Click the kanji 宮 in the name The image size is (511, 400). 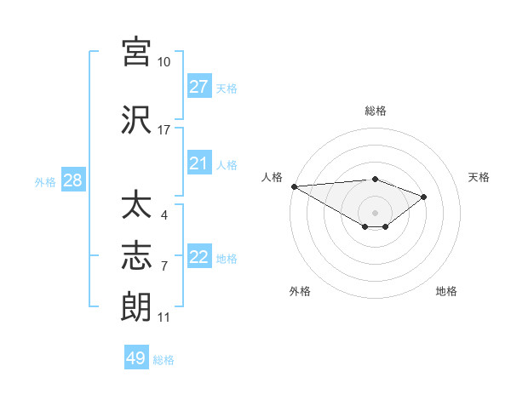point(136,52)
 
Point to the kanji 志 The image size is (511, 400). point(136,255)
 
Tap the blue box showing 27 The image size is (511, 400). point(199,87)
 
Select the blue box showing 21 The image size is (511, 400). point(199,163)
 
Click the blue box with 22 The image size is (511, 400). point(199,257)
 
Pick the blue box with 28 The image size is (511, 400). point(72,180)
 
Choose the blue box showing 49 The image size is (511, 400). point(136,358)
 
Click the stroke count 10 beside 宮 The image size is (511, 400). point(164,62)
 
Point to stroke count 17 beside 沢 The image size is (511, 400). point(164,130)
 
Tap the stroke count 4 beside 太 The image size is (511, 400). point(164,215)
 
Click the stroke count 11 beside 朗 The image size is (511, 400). point(164,317)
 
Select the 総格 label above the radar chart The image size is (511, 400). point(375,111)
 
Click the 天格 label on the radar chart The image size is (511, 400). point(479,177)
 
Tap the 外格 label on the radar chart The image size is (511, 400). point(300,291)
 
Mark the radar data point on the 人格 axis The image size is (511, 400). point(294,186)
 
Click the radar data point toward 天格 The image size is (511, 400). point(423,197)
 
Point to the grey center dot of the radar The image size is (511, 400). point(375,212)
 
